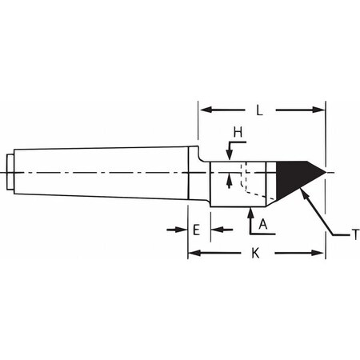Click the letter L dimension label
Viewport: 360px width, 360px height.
[259, 110]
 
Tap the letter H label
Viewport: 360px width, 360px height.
[238, 132]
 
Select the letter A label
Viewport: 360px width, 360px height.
[263, 224]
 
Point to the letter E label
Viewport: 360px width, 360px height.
[197, 230]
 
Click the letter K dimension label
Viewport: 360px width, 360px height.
[255, 253]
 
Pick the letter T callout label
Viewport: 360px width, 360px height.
[356, 235]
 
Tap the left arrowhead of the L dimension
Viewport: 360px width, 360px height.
[206, 110]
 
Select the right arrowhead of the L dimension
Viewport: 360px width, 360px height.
[318, 110]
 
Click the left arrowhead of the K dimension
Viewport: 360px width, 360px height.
[194, 253]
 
